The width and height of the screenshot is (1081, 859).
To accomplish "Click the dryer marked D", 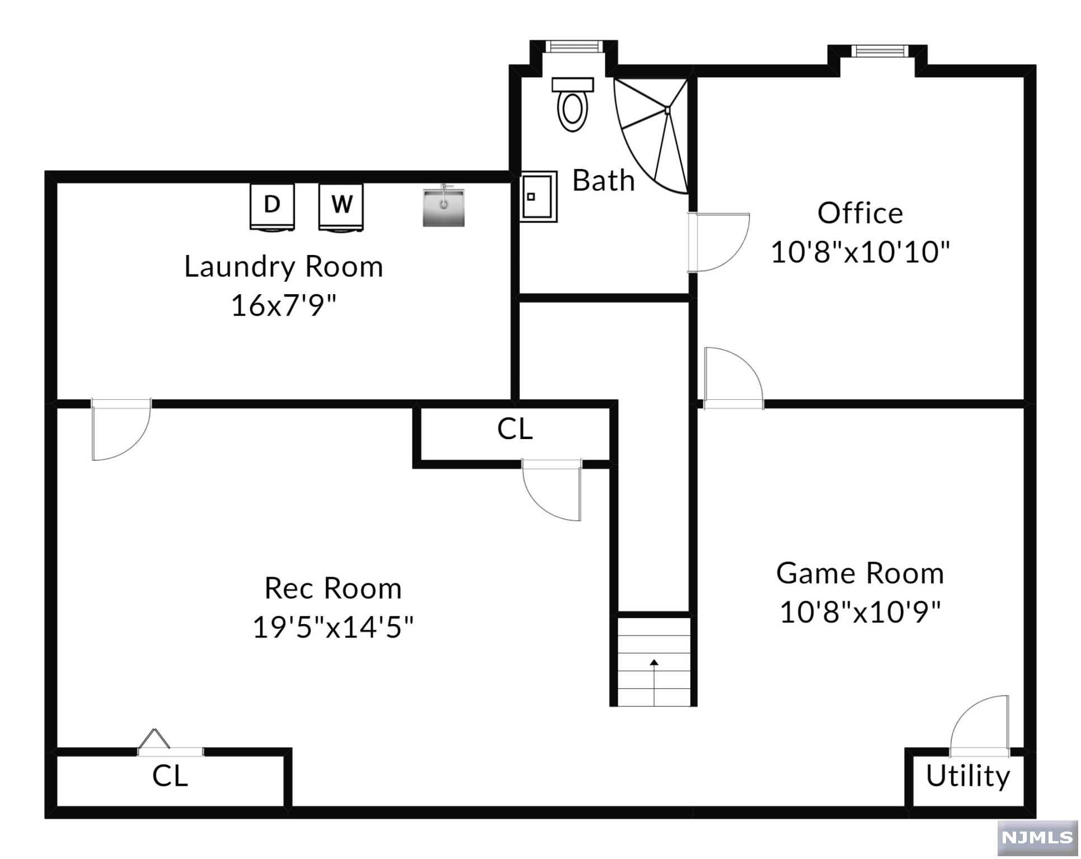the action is point(272,207).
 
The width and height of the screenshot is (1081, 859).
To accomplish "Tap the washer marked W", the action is point(341,207).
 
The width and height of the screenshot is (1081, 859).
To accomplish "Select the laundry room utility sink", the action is point(444,206).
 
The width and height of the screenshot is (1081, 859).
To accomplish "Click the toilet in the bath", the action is point(572,105).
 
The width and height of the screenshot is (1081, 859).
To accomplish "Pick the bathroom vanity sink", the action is point(538,196).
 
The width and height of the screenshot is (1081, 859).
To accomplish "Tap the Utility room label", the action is point(968,776).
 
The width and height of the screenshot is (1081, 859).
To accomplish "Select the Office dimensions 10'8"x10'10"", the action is point(861,252).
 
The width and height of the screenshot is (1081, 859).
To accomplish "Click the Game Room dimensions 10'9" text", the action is point(861,612).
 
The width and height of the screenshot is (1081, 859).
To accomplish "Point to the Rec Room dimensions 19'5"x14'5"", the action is point(333,627).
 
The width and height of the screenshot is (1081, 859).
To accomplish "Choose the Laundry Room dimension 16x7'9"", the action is point(284,305).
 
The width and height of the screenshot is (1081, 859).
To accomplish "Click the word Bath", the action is point(604,180).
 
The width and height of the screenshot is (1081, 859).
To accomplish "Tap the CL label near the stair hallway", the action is point(515,429).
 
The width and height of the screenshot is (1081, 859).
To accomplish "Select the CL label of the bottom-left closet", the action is point(170,776).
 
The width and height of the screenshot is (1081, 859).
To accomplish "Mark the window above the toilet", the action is point(574,46).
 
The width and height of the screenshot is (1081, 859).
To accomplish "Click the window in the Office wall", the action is point(881,51).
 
